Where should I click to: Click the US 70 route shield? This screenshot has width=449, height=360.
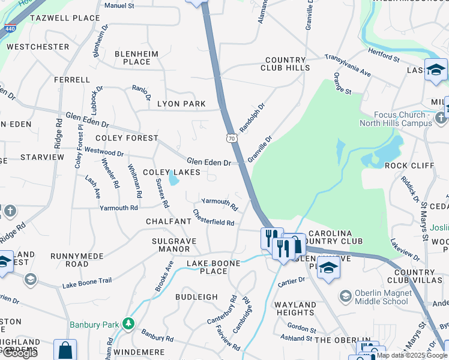pyautogui.click(x=232, y=139)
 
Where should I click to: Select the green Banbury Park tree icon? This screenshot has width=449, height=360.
pyautogui.click(x=128, y=325)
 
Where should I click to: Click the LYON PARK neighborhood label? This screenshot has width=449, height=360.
pyautogui.click(x=181, y=104)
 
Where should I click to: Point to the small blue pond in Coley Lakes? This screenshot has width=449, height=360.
pyautogui.click(x=173, y=178)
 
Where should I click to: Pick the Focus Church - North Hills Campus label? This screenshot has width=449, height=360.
pyautogui.click(x=395, y=119)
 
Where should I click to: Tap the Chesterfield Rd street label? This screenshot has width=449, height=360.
pyautogui.click(x=213, y=218)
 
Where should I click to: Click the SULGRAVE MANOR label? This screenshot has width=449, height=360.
pyautogui.click(x=170, y=245)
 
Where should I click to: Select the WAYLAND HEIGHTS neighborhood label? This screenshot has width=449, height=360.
pyautogui.click(x=295, y=308)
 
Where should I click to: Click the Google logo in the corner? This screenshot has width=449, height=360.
pyautogui.click(x=20, y=353)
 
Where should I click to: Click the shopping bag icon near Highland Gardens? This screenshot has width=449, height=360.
pyautogui.click(x=65, y=350)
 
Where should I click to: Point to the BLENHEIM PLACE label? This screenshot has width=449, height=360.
pyautogui.click(x=136, y=58)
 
